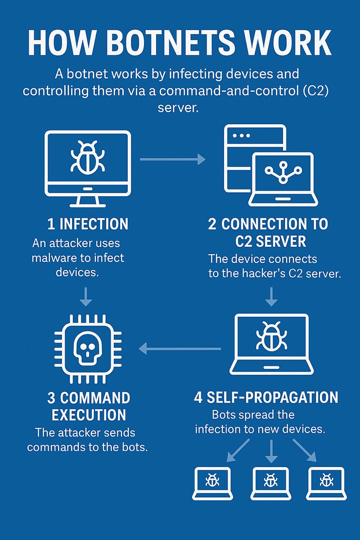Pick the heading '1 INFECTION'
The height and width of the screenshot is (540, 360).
[x=88, y=224]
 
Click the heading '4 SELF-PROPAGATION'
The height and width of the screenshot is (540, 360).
[x=266, y=398]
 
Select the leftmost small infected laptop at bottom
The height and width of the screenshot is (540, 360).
[x=212, y=483]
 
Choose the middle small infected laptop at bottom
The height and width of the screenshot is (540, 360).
[x=270, y=483]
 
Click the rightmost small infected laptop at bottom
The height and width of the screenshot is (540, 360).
[x=326, y=483]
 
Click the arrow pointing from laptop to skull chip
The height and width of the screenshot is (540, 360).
[x=180, y=348]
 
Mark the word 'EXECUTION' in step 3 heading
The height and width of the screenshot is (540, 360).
[x=89, y=414]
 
